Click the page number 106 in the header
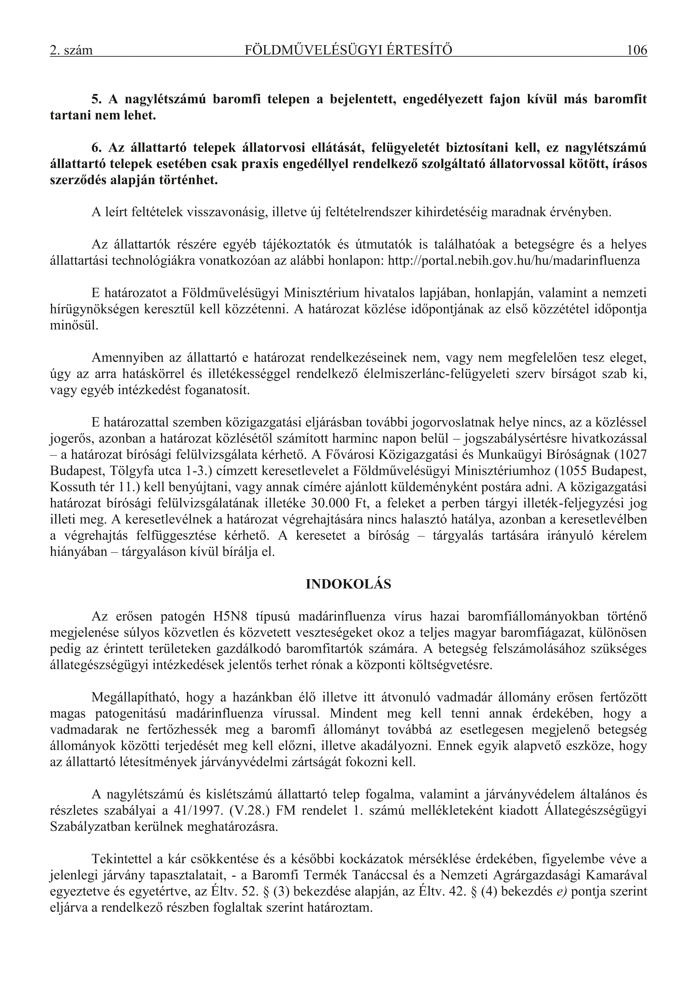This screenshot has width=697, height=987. (636, 50)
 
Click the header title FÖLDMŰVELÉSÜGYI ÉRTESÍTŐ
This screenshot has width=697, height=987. (348, 50)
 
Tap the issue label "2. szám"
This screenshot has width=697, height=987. (71, 51)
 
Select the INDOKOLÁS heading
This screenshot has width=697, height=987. (348, 584)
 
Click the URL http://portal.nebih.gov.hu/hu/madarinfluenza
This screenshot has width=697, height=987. (514, 261)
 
